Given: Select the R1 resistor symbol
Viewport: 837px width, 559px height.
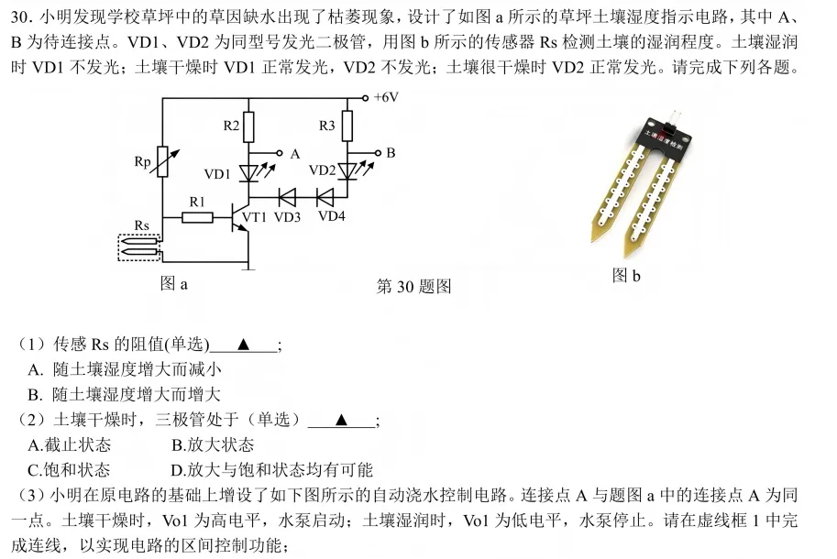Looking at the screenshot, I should [x=197, y=217].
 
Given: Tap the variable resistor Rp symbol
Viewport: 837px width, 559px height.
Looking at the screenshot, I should [x=162, y=162].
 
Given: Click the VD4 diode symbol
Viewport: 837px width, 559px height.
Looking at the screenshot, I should [x=325, y=195].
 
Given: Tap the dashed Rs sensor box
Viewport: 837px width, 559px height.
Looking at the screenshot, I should [x=139, y=247].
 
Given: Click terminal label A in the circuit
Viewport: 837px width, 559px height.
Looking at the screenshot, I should [x=295, y=154].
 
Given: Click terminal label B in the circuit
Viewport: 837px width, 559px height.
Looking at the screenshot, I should [x=391, y=153].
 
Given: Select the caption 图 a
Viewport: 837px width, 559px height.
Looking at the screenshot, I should [x=173, y=284].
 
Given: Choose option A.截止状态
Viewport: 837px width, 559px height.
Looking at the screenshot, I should [x=70, y=444].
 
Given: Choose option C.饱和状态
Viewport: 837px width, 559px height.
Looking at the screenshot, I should [x=70, y=470].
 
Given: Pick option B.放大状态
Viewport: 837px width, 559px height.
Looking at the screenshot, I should [x=213, y=444].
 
